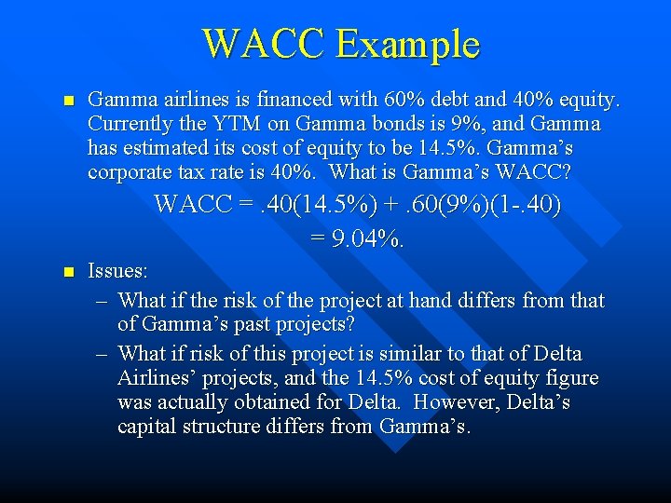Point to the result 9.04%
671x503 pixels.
point(358,240)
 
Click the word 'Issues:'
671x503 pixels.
point(117,272)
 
